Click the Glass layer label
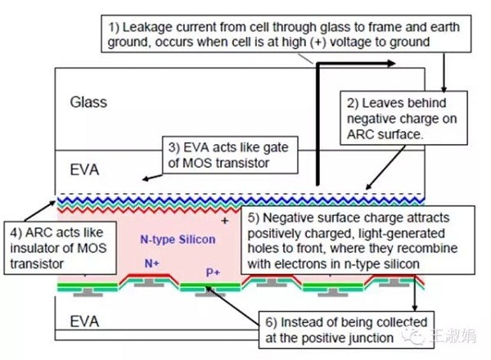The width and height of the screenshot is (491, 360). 89,102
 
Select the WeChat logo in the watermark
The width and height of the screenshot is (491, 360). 420,333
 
